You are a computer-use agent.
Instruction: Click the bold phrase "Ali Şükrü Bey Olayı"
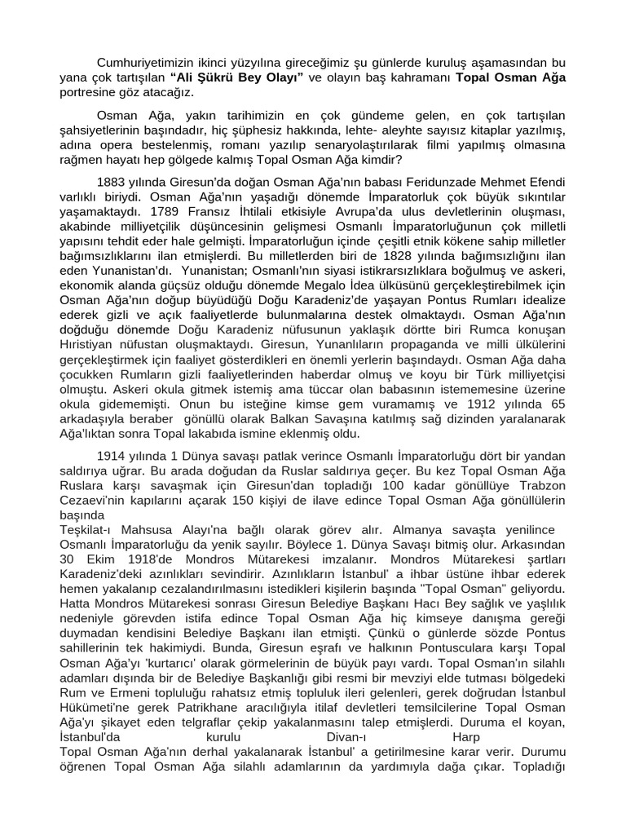(x=237, y=77)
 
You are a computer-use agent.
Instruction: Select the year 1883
(x=112, y=180)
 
